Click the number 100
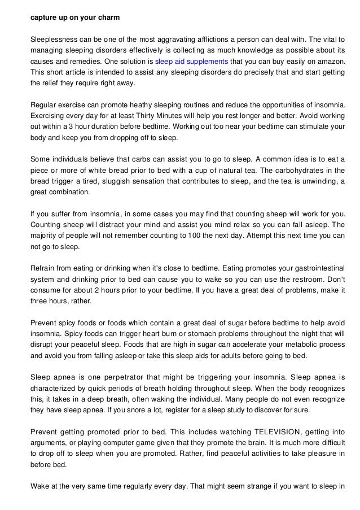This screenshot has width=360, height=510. (175, 236)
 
